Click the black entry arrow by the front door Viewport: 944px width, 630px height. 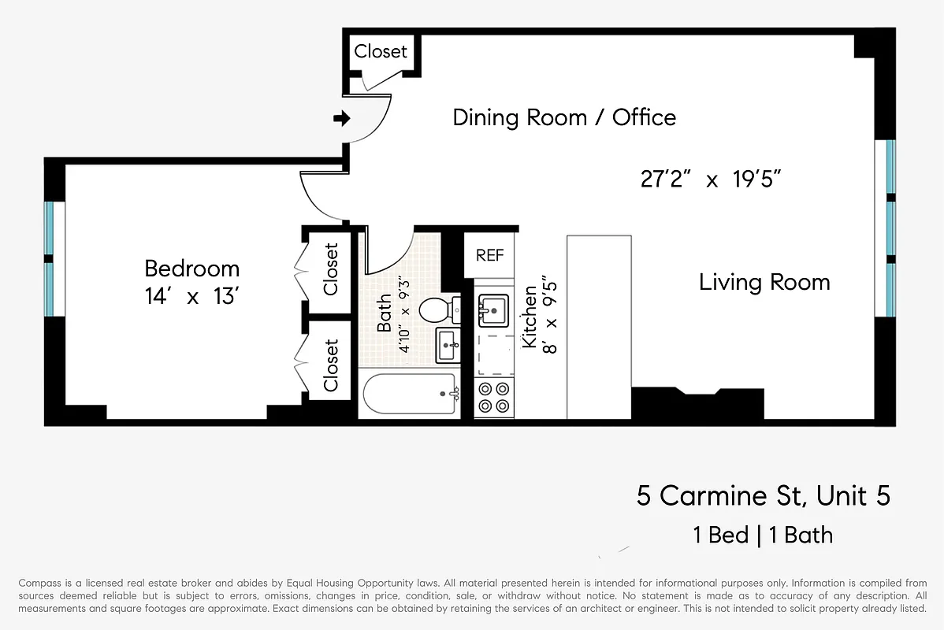[342, 119]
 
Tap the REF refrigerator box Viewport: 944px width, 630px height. [489, 255]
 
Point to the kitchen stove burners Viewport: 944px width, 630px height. [494, 397]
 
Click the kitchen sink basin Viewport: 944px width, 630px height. [494, 309]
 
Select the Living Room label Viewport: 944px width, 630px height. [764, 282]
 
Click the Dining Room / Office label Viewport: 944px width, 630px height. [564, 118]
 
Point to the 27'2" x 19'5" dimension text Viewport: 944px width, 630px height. [710, 180]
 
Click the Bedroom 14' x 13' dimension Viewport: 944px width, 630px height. [191, 297]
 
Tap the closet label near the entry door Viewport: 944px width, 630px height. [381, 51]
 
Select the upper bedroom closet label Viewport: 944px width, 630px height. [330, 269]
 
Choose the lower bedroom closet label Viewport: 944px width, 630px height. [330, 365]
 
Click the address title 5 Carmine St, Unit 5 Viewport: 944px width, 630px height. [764, 496]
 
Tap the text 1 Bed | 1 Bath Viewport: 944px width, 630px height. [762, 535]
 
